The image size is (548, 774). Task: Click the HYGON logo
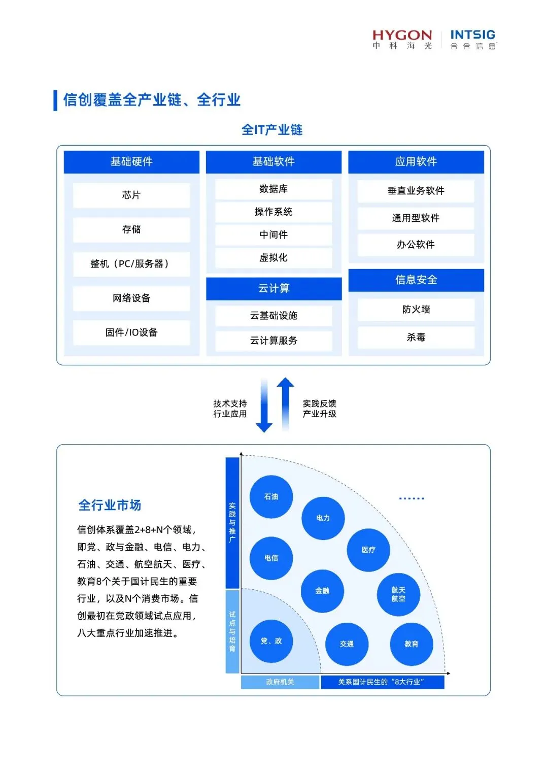(402, 39)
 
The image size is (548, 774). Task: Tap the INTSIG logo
(473, 39)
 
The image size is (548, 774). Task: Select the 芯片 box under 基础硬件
(131, 195)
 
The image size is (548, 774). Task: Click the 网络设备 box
(131, 298)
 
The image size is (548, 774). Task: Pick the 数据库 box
(273, 189)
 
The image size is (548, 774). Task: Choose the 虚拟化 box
(273, 258)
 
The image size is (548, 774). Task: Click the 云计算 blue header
(273, 288)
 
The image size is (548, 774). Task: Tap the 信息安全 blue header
(416, 280)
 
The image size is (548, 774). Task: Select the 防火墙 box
(416, 310)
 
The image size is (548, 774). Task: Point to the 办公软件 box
(416, 245)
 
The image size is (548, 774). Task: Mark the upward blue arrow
(286, 403)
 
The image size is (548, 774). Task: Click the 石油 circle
(271, 497)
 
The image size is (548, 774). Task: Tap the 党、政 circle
(271, 641)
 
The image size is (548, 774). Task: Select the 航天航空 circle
(398, 594)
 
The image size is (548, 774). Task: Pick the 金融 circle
(322, 591)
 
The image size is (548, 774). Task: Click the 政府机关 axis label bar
(280, 682)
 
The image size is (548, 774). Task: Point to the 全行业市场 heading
(110, 505)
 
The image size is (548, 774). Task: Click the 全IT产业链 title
(272, 130)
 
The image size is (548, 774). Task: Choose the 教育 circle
(412, 644)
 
